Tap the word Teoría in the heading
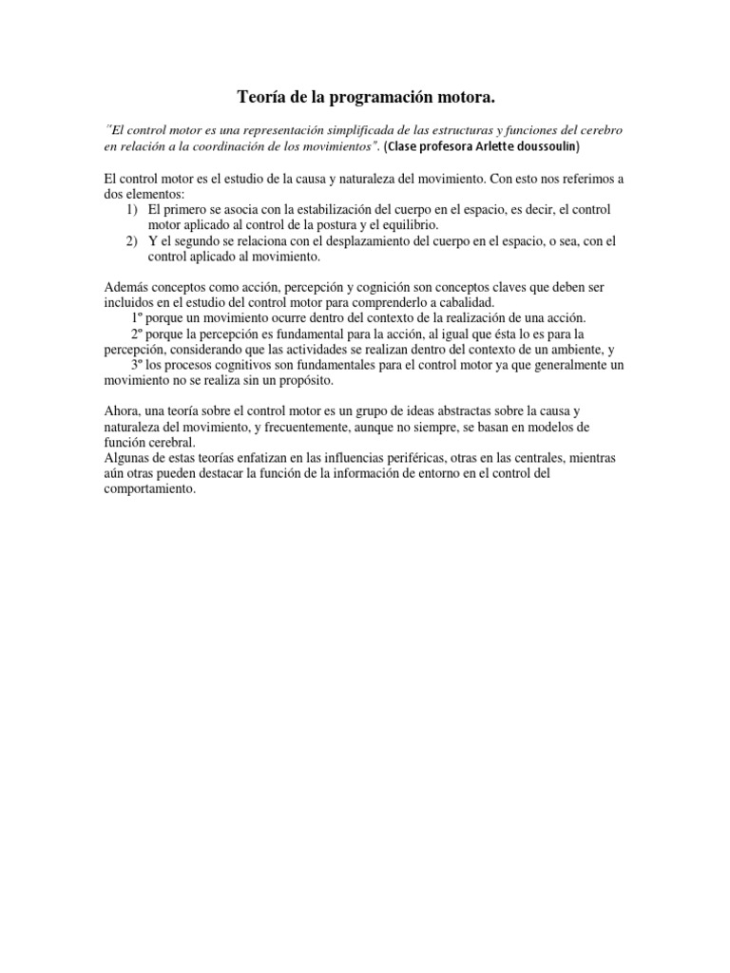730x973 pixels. click(259, 97)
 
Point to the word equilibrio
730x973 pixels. click(411, 224)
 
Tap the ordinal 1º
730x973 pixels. click(137, 317)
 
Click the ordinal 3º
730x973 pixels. click(137, 365)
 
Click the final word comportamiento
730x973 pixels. click(148, 488)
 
